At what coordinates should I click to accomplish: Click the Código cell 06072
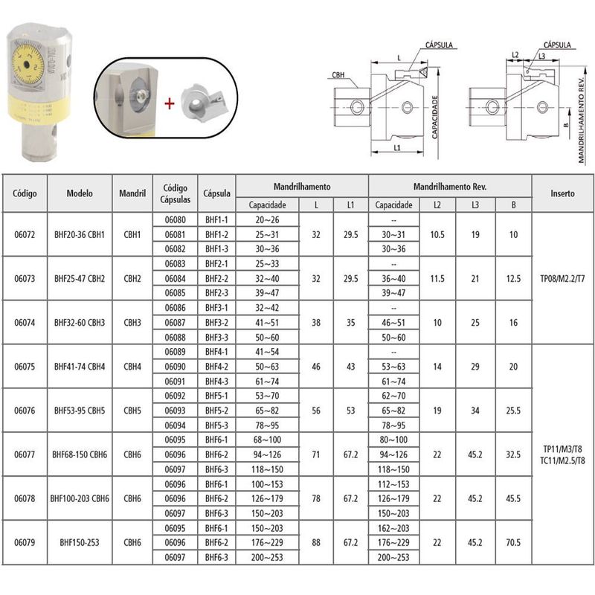point(23,234)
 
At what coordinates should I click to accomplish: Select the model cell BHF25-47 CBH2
point(79,278)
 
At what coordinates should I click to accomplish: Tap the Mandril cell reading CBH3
point(132,322)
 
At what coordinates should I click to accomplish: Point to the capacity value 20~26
point(267,220)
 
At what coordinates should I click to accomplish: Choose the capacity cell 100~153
point(267,484)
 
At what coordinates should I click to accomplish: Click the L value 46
point(316,366)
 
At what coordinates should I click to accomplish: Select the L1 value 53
point(350,410)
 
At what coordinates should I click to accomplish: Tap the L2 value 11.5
point(437,278)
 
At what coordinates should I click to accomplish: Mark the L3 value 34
point(474,410)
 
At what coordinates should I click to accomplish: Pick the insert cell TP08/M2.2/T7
point(562,278)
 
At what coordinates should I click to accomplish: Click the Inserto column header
point(562,193)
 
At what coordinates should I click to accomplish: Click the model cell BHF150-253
point(79,542)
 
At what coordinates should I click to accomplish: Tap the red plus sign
point(169,103)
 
